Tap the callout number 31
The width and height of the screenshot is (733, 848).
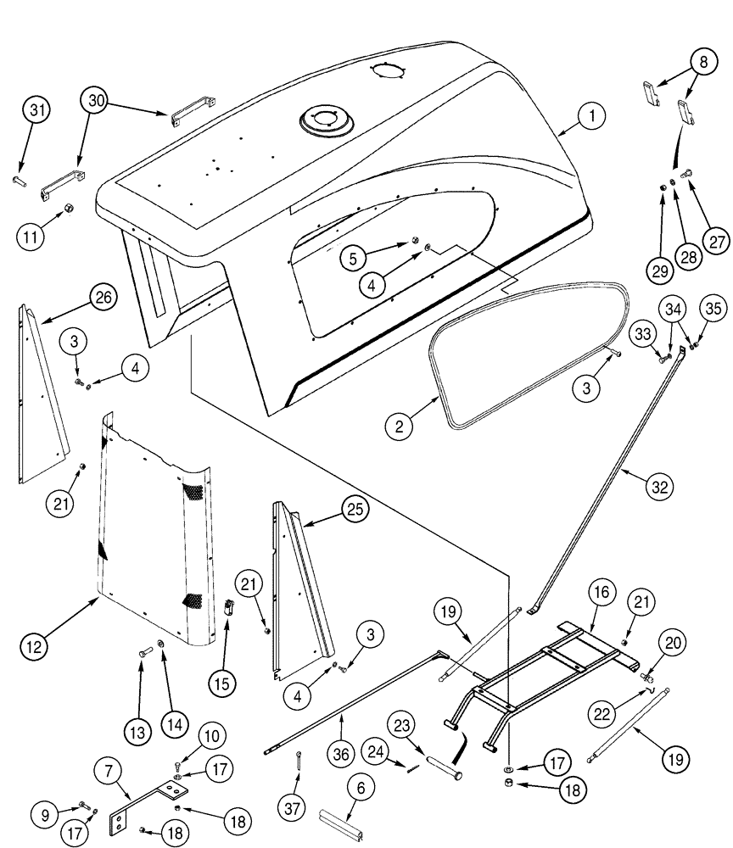38,112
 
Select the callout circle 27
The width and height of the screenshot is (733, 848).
717,240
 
